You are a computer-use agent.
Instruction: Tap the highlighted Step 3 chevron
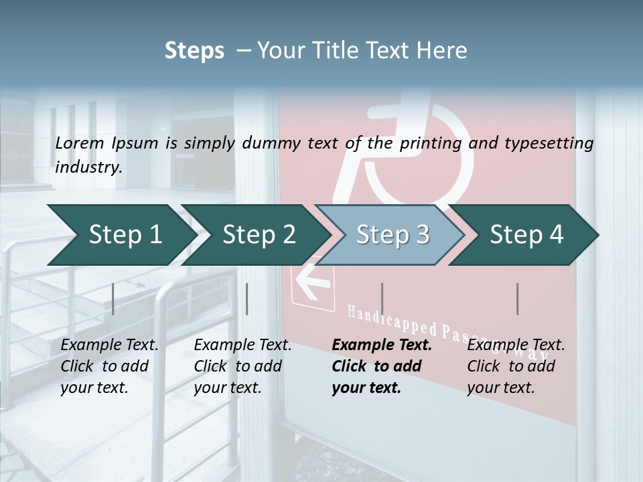pos(392,234)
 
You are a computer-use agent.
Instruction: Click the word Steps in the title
pos(194,50)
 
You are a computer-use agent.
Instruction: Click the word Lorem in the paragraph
pos(79,143)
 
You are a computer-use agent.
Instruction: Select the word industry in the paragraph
pos(87,167)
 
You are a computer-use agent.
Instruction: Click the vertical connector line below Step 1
pos(113,299)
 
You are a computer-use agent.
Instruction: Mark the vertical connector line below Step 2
pos(247,299)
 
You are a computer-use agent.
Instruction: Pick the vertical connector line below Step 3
pos(382,299)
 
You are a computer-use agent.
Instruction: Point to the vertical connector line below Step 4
pos(517,299)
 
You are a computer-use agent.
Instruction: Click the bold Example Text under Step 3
pos(382,345)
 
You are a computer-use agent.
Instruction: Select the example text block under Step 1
pos(109,366)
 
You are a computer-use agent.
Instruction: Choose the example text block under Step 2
pos(242,366)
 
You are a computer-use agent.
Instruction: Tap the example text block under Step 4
pos(516,366)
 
